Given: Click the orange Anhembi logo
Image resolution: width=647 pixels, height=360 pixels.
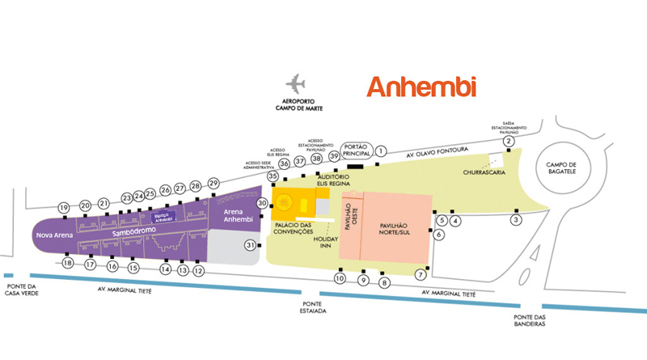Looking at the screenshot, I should pyautogui.click(x=421, y=87).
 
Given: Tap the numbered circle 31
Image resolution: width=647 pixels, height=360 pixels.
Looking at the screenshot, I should pyautogui.click(x=251, y=245).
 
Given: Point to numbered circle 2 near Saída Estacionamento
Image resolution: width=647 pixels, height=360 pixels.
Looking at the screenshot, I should pyautogui.click(x=509, y=142).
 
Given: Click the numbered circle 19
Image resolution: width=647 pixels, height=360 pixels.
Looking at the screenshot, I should pyautogui.click(x=64, y=208).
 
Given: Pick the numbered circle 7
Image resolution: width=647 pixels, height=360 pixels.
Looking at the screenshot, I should pyautogui.click(x=421, y=274).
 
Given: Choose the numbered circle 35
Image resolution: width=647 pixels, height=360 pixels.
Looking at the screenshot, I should pyautogui.click(x=273, y=176).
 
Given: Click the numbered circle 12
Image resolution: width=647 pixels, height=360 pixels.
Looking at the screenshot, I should pyautogui.click(x=198, y=271).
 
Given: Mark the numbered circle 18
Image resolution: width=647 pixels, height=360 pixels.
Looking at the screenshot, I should pyautogui.click(x=68, y=264).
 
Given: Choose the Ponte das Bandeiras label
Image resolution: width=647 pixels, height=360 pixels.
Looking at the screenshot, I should pyautogui.click(x=530, y=320).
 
